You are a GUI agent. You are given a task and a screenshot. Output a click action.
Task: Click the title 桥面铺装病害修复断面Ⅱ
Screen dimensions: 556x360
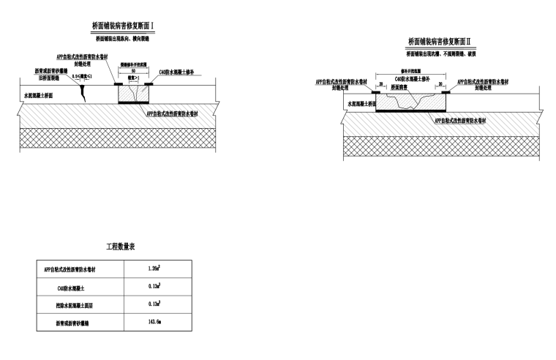point(441,42)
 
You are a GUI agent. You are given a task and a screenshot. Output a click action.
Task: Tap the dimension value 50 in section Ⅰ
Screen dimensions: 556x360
point(133,71)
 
